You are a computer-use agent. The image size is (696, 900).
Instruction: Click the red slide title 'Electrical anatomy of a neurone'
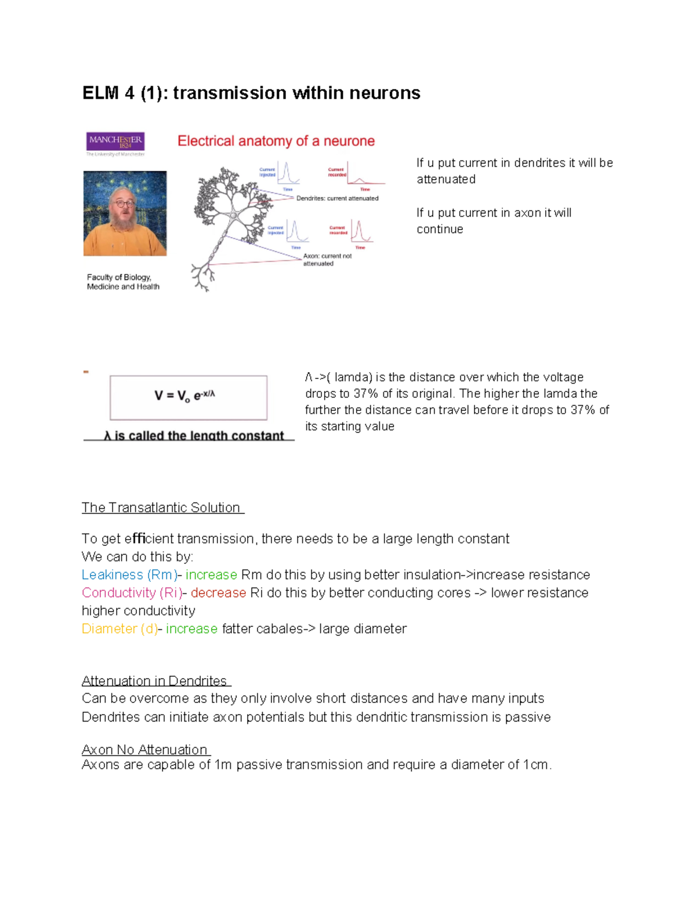pyautogui.click(x=276, y=141)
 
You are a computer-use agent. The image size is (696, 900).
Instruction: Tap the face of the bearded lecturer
pyautogui.click(x=123, y=206)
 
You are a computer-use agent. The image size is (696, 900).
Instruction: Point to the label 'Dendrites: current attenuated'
pyautogui.click(x=337, y=198)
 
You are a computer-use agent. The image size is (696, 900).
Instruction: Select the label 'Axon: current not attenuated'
pyautogui.click(x=327, y=260)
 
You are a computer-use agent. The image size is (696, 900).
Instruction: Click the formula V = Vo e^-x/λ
pyautogui.click(x=185, y=396)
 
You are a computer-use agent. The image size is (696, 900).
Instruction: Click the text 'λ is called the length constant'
pyautogui.click(x=194, y=436)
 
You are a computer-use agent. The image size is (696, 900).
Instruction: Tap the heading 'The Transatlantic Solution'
pyautogui.click(x=161, y=508)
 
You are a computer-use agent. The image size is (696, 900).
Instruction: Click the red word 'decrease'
pyautogui.click(x=218, y=593)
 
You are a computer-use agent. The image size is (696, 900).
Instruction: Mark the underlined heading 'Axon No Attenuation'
pyautogui.click(x=144, y=750)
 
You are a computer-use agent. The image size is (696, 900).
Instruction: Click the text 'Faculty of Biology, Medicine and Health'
pyautogui.click(x=123, y=282)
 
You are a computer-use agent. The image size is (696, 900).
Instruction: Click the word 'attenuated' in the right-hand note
pyautogui.click(x=445, y=180)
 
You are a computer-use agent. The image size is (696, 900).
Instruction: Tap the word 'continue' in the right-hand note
pyautogui.click(x=440, y=229)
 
